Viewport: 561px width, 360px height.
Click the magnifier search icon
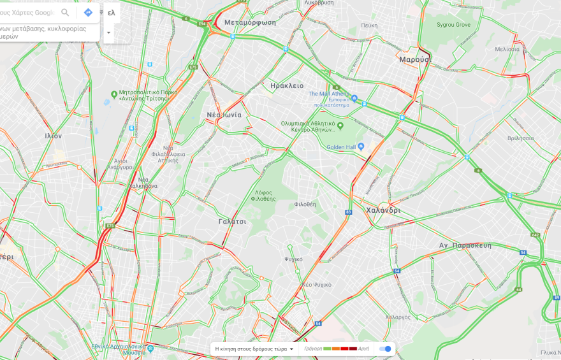(x=65, y=13)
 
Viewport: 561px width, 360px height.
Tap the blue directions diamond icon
(x=88, y=13)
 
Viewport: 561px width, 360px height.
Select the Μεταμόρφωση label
(x=251, y=22)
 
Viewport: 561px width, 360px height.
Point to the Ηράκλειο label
(x=287, y=85)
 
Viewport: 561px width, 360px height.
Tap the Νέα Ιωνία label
(x=224, y=115)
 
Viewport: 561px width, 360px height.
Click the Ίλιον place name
(x=54, y=136)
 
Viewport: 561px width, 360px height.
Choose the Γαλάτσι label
(x=232, y=221)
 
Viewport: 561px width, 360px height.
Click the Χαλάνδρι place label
(x=383, y=210)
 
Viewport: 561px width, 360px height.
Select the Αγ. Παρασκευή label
(x=465, y=245)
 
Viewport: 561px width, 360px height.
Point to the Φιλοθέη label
(x=305, y=205)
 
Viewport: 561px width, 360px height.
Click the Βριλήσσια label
(x=521, y=138)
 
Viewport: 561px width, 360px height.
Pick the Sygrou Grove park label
(x=453, y=25)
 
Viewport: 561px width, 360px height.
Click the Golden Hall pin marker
(x=360, y=147)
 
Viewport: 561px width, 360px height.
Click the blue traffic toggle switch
(x=385, y=349)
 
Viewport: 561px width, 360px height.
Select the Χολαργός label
(x=398, y=317)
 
